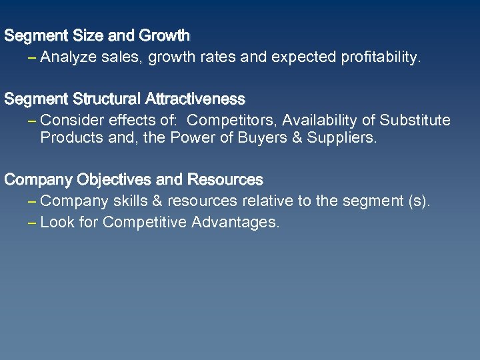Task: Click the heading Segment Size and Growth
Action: (97, 35)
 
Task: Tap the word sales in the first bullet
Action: (119, 58)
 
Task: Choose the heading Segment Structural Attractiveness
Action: (125, 99)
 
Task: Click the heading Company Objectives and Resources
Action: (134, 180)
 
